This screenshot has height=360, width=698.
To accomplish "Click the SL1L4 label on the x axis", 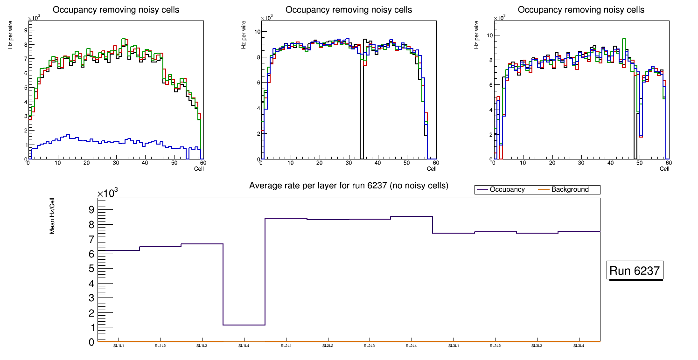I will pos(244,346).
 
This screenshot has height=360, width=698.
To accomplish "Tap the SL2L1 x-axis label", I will pos(286,346).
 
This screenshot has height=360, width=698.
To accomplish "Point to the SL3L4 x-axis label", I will pos(579,346).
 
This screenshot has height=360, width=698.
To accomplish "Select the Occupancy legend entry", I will pos(507,189).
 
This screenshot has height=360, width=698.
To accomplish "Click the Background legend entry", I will pos(570,189).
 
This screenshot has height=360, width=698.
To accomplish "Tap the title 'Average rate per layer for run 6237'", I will pos(349,186).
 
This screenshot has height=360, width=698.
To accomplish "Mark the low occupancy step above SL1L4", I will pos(244,325).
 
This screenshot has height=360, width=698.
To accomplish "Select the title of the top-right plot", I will pos(581,9).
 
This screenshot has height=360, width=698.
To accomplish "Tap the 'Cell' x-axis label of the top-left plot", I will pos(199,169).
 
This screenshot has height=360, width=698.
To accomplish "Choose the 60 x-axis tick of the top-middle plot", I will pos(435,163).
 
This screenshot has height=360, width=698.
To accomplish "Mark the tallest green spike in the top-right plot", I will pos(624,40).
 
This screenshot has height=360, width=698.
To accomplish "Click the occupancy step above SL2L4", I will pos(411,216).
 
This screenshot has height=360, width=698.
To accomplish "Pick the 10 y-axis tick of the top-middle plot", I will pos(257,32).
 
